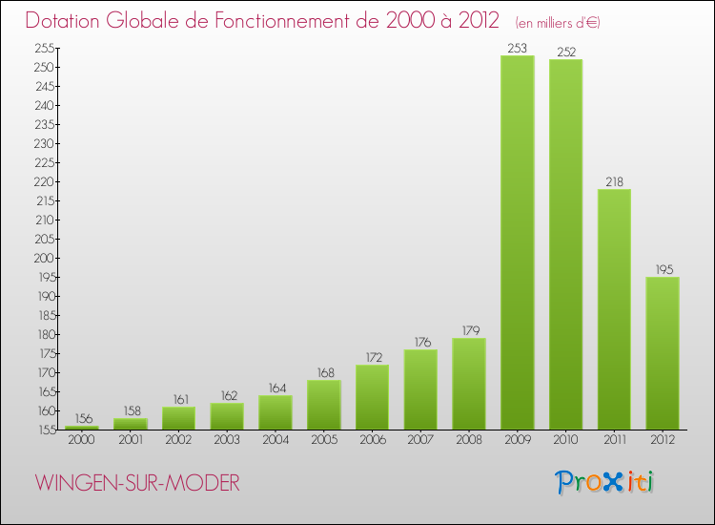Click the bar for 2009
click(x=518, y=242)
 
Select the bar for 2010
click(x=565, y=244)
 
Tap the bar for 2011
click(x=614, y=309)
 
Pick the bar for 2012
click(x=663, y=353)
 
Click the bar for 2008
click(x=469, y=384)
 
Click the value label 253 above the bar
click(x=518, y=48)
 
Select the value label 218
click(x=614, y=181)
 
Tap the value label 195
click(x=663, y=269)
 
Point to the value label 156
click(x=83, y=418)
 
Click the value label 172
click(x=373, y=357)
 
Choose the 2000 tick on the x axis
click(x=83, y=440)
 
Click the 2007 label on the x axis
click(x=420, y=440)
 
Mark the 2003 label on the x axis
click(x=228, y=440)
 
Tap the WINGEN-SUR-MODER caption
click(x=138, y=483)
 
